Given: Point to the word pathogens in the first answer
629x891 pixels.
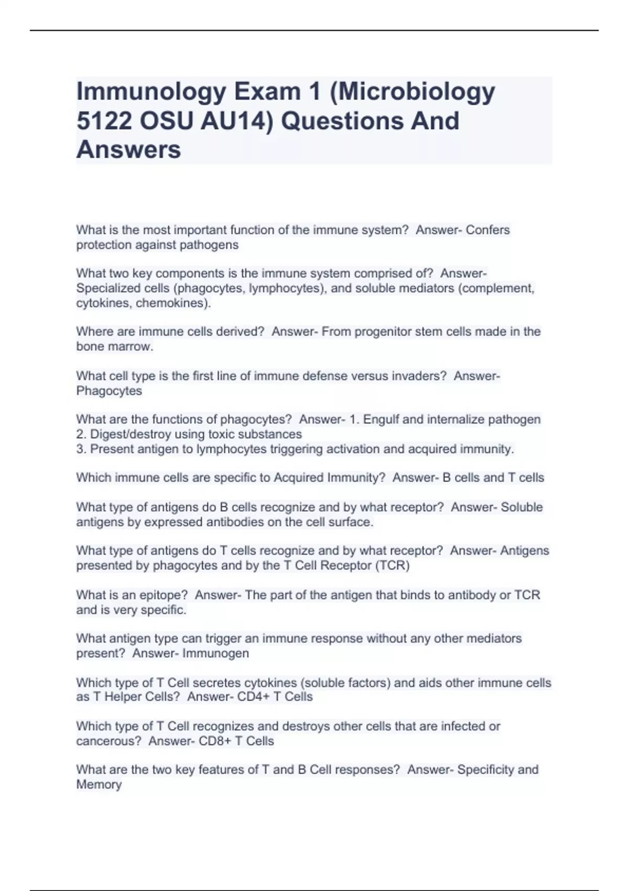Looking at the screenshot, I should tap(209, 245).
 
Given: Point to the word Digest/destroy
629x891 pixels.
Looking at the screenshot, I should tap(131, 434).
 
